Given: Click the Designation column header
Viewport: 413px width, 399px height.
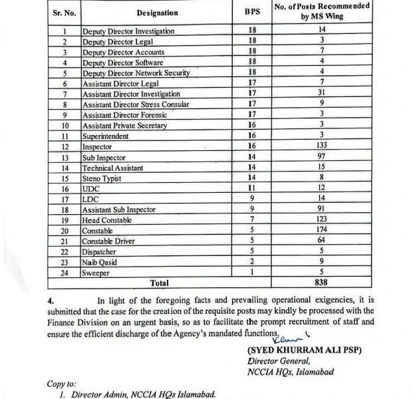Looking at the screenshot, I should click(158, 13).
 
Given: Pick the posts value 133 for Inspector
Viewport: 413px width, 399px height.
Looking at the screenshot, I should click(321, 146).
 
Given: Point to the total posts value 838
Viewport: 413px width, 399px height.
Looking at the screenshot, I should click(321, 283).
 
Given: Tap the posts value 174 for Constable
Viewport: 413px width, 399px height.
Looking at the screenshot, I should click(321, 231).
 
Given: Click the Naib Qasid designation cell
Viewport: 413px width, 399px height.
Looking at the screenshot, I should click(99, 263).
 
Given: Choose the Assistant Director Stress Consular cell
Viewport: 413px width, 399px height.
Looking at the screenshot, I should click(136, 104).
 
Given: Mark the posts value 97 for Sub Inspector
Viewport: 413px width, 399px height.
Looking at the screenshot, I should click(321, 157).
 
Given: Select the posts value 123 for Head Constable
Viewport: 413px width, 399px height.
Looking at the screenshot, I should click(321, 220).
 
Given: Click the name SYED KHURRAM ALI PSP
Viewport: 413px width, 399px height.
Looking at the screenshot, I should click(304, 350).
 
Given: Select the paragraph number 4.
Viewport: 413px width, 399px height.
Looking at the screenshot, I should click(51, 300).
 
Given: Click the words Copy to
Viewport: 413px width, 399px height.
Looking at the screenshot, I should click(61, 384).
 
